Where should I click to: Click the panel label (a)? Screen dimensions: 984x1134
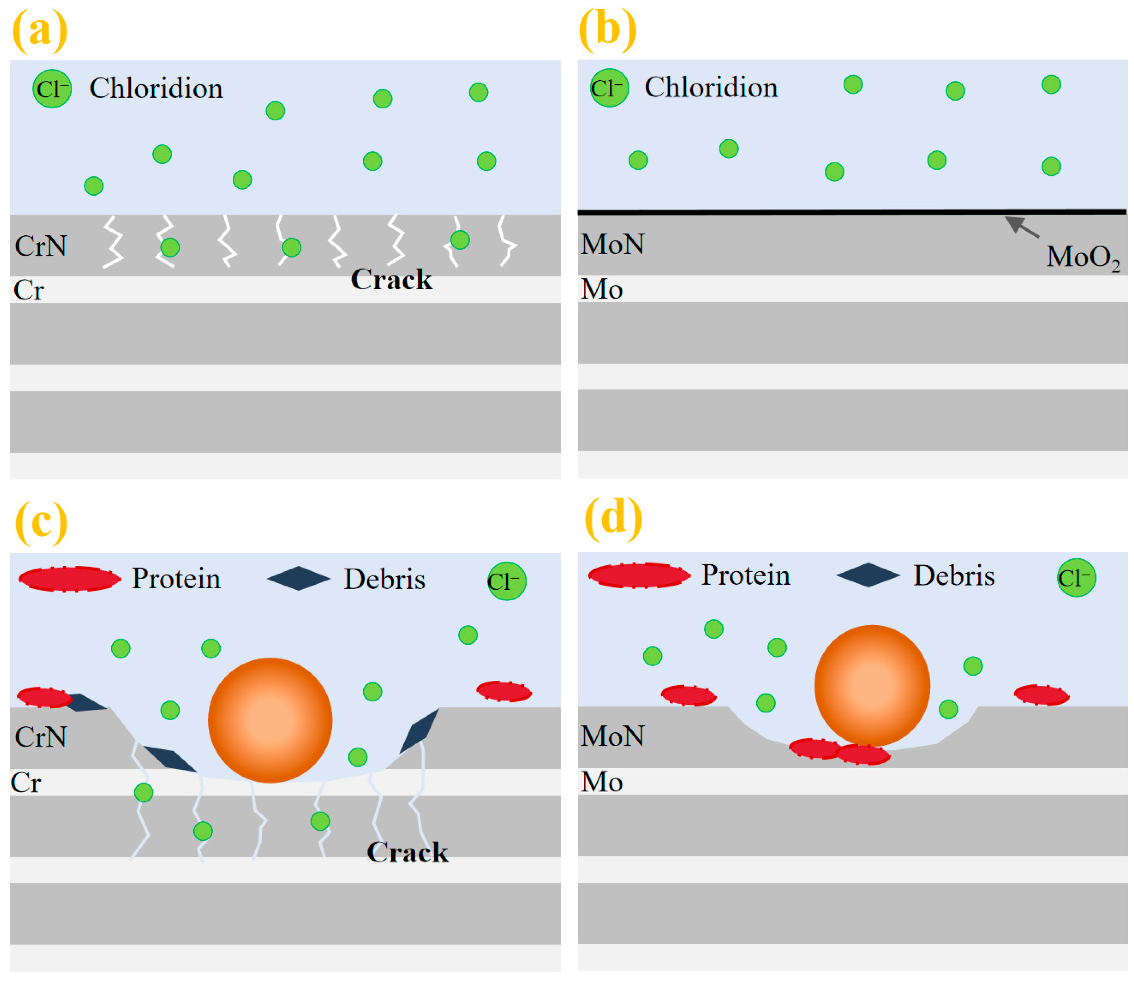click(39, 31)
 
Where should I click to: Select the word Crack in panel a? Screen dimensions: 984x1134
click(391, 280)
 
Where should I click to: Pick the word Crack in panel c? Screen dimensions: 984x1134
click(407, 852)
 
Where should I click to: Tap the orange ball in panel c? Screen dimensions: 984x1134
click(269, 720)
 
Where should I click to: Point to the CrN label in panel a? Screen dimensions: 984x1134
click(41, 246)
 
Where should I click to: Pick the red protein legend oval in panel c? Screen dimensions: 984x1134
click(69, 579)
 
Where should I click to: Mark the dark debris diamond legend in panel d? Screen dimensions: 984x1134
click(867, 575)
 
